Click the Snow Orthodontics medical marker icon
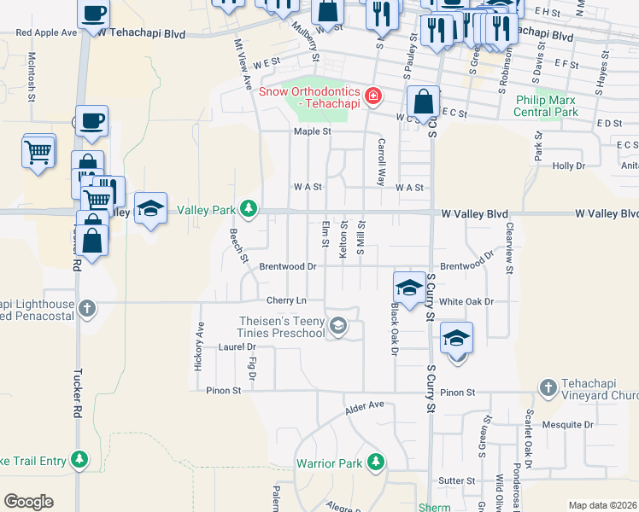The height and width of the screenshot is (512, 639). pyautogui.click(x=372, y=97)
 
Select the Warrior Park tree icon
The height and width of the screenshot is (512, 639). pyautogui.click(x=375, y=463)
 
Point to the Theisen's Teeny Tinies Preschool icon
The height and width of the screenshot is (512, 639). pyautogui.click(x=339, y=326)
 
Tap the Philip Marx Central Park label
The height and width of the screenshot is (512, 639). pyautogui.click(x=547, y=106)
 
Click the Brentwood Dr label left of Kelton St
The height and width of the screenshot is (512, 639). pyautogui.click(x=288, y=266)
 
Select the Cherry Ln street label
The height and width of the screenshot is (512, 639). pyautogui.click(x=286, y=300)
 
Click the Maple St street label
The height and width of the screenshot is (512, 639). pyautogui.click(x=312, y=131)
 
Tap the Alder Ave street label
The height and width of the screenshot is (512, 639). pyautogui.click(x=365, y=409)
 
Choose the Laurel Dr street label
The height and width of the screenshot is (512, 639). pyautogui.click(x=237, y=347)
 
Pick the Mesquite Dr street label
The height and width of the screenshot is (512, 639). pyautogui.click(x=570, y=423)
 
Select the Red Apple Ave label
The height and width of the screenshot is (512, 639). pyautogui.click(x=46, y=32)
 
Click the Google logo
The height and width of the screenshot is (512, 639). pyautogui.click(x=28, y=502)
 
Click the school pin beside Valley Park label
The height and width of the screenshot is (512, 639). pyautogui.click(x=150, y=209)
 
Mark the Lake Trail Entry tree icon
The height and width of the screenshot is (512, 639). pyautogui.click(x=79, y=461)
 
